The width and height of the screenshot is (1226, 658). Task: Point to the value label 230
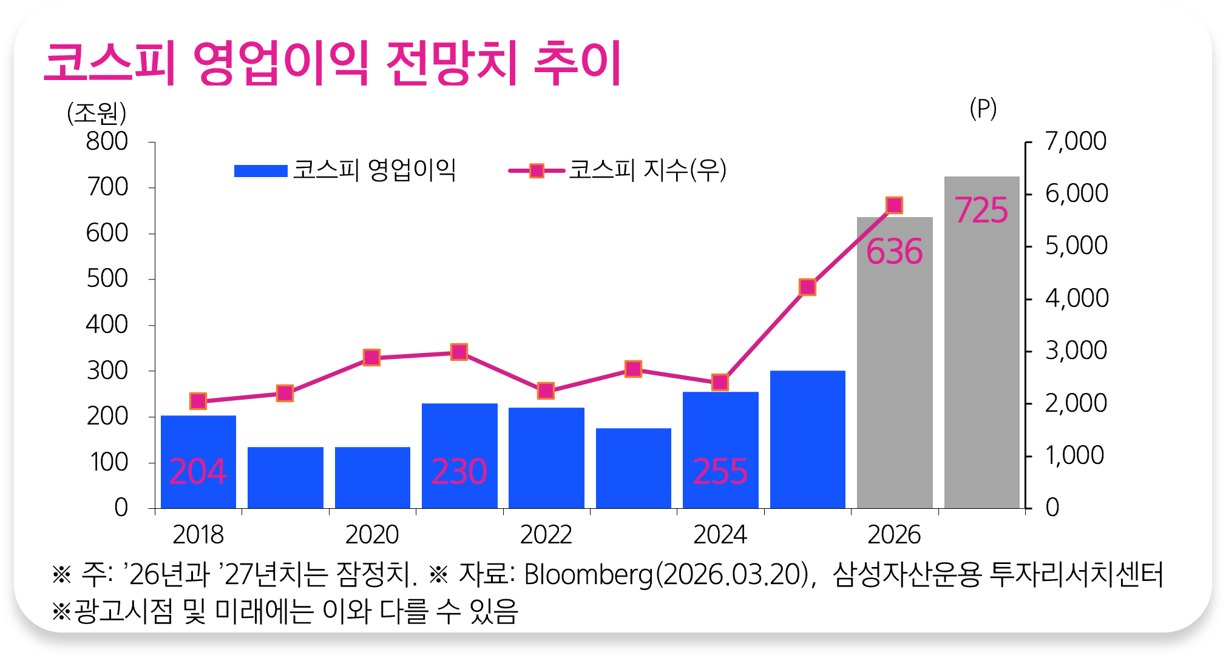tap(459, 472)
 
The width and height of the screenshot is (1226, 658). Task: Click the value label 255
tap(720, 472)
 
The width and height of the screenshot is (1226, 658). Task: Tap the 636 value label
tap(894, 252)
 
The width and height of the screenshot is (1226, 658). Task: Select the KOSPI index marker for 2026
tap(894, 205)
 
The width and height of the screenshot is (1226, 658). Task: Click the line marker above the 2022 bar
tap(546, 391)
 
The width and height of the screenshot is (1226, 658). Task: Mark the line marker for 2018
tap(198, 401)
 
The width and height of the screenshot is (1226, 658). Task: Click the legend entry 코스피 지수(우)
tap(618, 170)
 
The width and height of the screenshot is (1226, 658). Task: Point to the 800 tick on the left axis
tap(107, 142)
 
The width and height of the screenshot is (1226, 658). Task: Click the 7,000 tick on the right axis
tap(1075, 142)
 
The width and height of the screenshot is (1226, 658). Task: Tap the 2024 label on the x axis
tap(720, 535)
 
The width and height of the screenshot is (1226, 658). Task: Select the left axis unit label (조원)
tap(97, 113)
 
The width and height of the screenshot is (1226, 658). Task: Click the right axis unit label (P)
tap(983, 109)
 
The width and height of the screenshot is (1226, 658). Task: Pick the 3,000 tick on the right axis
tap(1075, 351)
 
